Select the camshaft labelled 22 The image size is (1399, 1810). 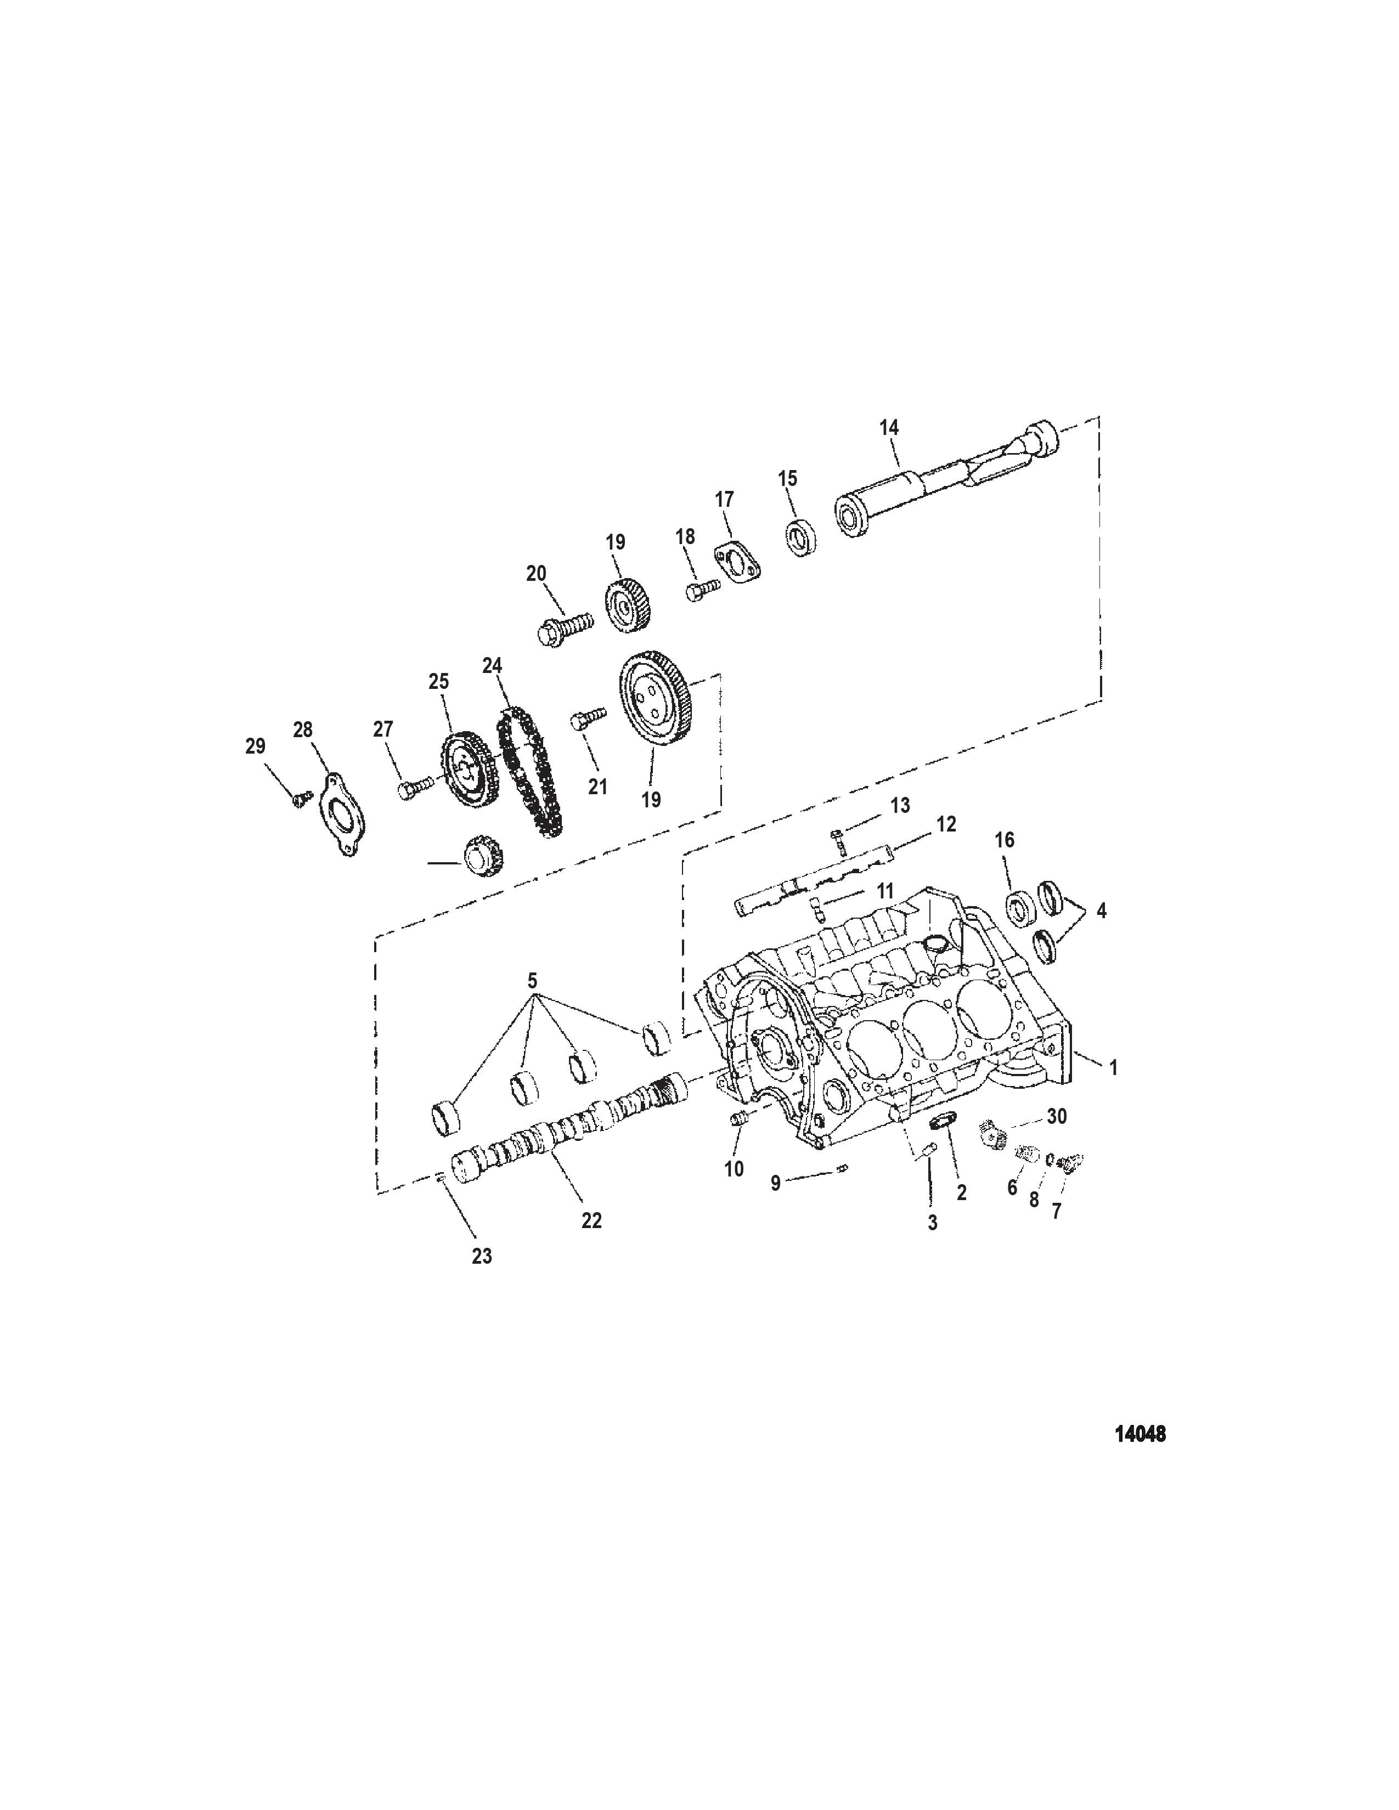click(572, 1119)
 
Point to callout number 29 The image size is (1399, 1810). click(255, 746)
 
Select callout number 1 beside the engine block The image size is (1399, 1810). click(1113, 1068)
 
